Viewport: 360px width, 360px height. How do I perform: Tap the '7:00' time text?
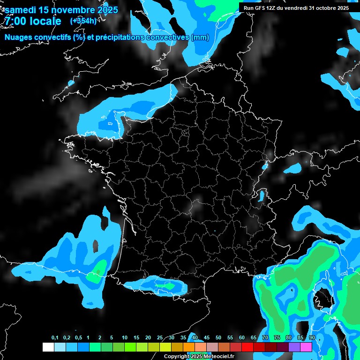15,21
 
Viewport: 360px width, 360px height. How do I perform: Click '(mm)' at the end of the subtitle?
200,37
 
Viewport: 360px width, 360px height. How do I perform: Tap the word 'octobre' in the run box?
327,8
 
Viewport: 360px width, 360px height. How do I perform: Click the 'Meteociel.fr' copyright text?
216,356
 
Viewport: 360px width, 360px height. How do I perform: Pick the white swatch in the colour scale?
48,347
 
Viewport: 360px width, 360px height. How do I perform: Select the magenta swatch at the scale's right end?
306,347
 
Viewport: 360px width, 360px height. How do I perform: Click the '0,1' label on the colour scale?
55,338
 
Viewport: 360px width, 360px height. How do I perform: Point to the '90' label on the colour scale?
312,338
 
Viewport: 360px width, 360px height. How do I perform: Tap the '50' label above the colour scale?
218,338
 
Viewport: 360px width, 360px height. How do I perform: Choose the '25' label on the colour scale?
159,338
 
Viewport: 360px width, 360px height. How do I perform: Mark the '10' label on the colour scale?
124,338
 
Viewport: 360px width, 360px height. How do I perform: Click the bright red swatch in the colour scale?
247,347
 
